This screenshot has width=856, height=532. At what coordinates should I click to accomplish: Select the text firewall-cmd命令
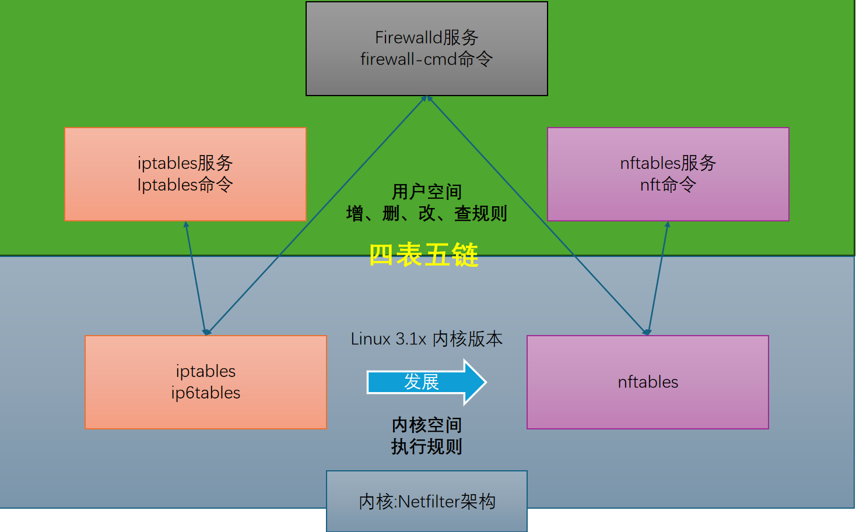coord(426,59)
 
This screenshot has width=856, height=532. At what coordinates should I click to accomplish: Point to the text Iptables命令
coord(185,185)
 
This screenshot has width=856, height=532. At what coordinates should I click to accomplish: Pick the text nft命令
coord(668,185)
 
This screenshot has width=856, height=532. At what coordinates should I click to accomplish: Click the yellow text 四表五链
coord(424,255)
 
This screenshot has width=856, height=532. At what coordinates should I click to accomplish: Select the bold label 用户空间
coord(427,192)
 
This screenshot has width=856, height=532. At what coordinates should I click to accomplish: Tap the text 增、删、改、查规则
coord(427,214)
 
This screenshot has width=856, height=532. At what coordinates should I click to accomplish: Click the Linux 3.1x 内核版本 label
coord(427,339)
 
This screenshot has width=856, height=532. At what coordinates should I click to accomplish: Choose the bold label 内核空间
coord(427,425)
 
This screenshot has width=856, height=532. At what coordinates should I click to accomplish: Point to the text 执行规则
coord(427,447)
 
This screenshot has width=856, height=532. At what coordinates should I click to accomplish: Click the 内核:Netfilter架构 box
coord(427,501)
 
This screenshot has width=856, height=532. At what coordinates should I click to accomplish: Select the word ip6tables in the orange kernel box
coord(206,393)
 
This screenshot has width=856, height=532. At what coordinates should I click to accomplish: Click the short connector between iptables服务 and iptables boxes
coord(195,277)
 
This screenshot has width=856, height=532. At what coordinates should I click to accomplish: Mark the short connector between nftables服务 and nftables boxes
coord(658,277)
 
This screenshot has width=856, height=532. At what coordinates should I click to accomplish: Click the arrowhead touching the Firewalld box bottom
coord(427,100)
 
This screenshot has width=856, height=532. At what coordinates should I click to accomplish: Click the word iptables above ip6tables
coord(206,371)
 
